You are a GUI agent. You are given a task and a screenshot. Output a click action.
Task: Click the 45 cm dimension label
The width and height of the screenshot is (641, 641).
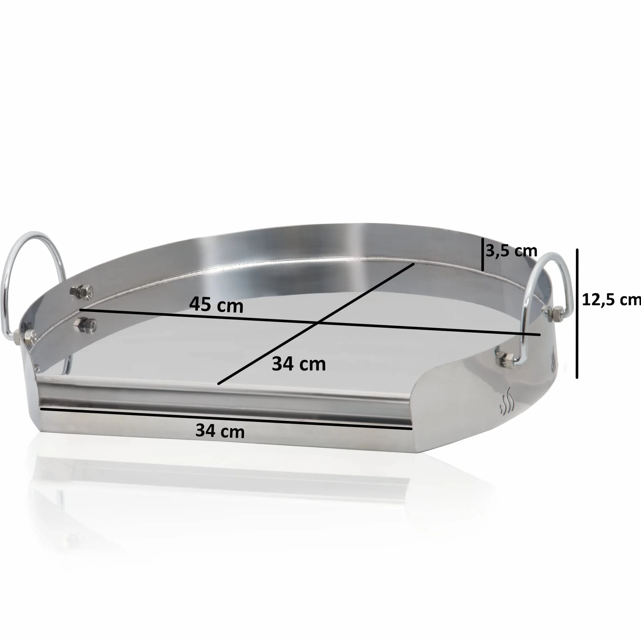pos(216,304)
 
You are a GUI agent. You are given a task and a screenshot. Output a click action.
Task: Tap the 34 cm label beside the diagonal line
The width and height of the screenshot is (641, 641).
pos(299,364)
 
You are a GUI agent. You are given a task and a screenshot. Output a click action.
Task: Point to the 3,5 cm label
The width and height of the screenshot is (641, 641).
pos(511,251)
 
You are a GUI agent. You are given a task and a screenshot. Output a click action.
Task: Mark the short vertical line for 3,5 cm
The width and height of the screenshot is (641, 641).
pos(482,254)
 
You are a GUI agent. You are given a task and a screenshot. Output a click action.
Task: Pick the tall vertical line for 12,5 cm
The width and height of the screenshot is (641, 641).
pos(577,314)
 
